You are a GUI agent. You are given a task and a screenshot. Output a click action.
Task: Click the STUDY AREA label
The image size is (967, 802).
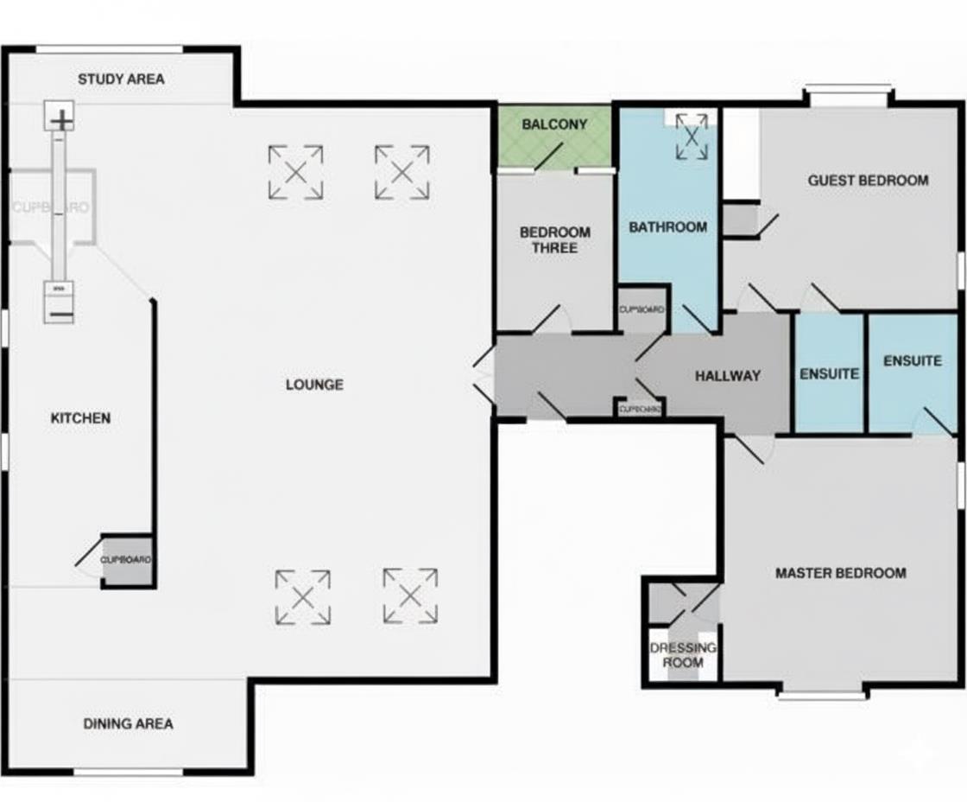coord(121,80)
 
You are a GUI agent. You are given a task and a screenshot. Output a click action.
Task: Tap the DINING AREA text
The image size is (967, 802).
coord(128,723)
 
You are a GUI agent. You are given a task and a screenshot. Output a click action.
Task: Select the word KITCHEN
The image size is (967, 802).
coord(80,418)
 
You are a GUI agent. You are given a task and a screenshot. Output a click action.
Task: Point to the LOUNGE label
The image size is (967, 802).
coord(314,385)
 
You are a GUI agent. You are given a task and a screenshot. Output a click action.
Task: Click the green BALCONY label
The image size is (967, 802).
coord(554,124)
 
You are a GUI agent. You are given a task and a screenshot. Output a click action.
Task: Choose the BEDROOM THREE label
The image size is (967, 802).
coord(554,240)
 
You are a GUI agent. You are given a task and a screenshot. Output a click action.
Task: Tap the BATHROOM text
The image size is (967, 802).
coord(667,227)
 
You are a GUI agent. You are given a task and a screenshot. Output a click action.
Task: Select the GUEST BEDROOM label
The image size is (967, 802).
coord(868,181)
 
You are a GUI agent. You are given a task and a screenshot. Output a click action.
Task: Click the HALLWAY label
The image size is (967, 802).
coord(727,376)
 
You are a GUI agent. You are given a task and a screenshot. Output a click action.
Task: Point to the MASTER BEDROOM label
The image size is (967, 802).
coord(840,573)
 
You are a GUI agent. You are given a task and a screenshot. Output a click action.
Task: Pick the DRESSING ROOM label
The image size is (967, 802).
coord(682,655)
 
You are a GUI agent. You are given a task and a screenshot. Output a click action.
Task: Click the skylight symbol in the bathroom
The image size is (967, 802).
coord(691,137)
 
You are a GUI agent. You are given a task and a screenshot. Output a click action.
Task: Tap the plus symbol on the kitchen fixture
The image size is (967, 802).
coord(60,118)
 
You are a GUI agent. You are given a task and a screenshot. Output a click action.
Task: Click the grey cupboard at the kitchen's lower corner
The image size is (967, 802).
coord(127,561)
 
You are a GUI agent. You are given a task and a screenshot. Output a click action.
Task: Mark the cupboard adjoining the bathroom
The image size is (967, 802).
coord(642,309)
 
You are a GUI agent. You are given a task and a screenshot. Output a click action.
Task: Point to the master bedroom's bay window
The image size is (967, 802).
coord(821,692)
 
